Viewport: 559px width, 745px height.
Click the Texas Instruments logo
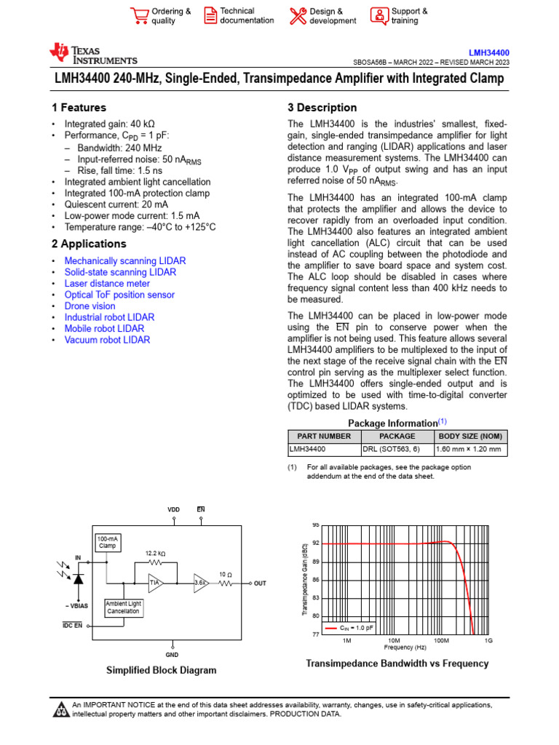pyautogui.click(x=92, y=55)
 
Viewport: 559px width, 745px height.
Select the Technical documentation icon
pyautogui.click(x=210, y=16)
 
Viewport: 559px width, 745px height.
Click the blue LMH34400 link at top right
pyautogui.click(x=488, y=52)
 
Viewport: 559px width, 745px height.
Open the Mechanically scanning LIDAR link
pyautogui.click(x=124, y=260)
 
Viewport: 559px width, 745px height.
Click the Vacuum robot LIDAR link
pyautogui.click(x=107, y=340)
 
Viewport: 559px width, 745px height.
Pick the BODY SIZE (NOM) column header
pyautogui.click(x=471, y=437)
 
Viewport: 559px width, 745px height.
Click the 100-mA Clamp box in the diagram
pyautogui.click(x=107, y=542)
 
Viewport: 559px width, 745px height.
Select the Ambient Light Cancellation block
pyautogui.click(x=124, y=607)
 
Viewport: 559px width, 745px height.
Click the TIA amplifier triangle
pyautogui.click(x=156, y=583)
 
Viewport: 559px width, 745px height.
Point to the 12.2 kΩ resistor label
pyautogui.click(x=154, y=553)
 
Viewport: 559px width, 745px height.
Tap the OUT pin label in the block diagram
pyautogui.click(x=260, y=583)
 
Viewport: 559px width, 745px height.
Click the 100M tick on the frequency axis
pyautogui.click(x=441, y=641)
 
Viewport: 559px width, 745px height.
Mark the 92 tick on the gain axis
pyautogui.click(x=316, y=543)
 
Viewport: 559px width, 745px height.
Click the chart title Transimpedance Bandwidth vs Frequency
pyautogui.click(x=397, y=664)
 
